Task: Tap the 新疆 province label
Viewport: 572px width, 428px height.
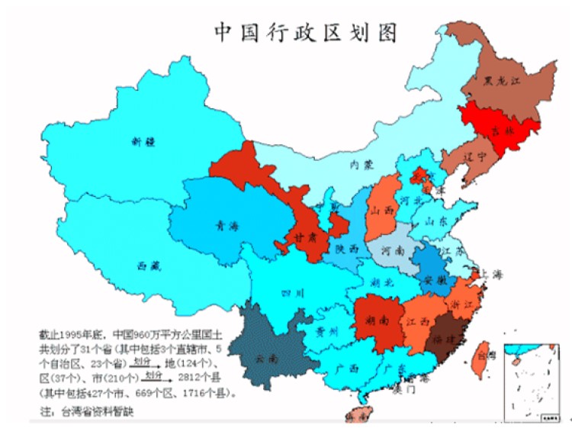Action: pos(143,141)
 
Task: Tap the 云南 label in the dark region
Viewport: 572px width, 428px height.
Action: pos(266,357)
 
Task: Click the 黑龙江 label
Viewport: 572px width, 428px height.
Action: pos(500,80)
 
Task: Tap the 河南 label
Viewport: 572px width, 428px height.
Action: pos(393,249)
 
